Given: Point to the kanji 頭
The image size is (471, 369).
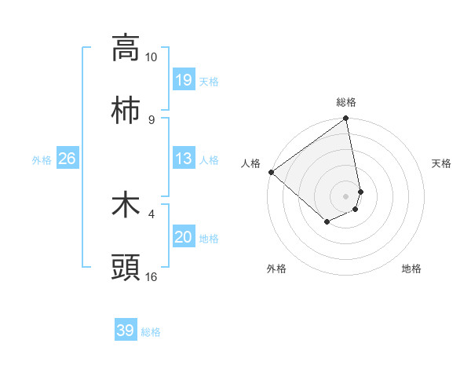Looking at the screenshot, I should [x=126, y=267].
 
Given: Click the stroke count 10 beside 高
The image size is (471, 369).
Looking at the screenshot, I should [x=152, y=57].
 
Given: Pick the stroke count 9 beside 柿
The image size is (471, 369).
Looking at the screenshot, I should [x=151, y=119].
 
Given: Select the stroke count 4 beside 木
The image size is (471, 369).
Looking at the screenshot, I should [x=151, y=213].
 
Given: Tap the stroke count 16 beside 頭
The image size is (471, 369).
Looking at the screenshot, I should [x=152, y=276].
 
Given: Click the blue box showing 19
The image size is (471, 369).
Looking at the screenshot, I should [x=184, y=80].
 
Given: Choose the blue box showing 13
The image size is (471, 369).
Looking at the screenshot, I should [x=184, y=159].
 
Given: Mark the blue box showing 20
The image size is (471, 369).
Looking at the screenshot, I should [x=184, y=237].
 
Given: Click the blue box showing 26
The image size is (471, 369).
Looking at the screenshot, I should [x=68, y=159].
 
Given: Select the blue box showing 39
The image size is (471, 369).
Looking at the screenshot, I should [x=126, y=331].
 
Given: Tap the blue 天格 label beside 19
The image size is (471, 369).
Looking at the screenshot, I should [x=209, y=82].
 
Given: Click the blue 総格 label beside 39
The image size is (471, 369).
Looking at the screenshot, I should [x=151, y=332].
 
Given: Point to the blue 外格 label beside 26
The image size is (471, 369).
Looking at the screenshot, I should [x=42, y=160].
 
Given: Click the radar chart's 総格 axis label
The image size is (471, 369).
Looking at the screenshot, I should [x=346, y=102].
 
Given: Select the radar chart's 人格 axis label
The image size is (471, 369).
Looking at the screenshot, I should [x=250, y=163].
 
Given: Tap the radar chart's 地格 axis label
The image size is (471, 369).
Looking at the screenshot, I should [x=411, y=269].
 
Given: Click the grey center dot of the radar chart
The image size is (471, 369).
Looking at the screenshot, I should [x=346, y=195].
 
